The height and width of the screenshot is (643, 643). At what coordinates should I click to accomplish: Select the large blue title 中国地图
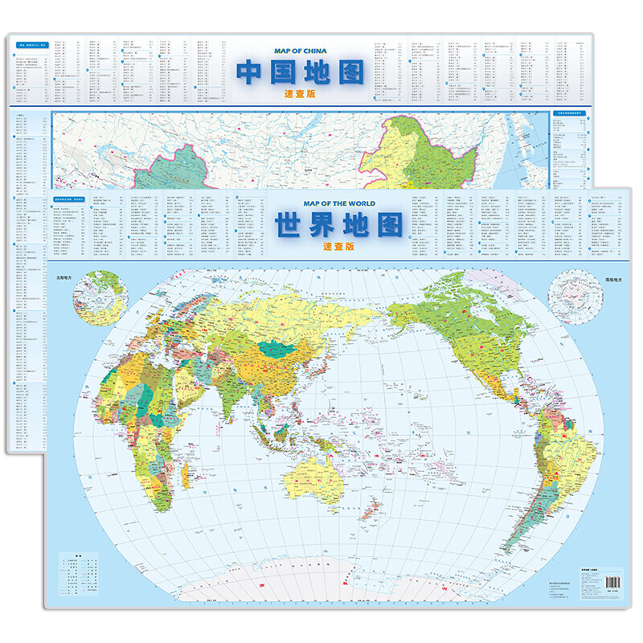[299, 72]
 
